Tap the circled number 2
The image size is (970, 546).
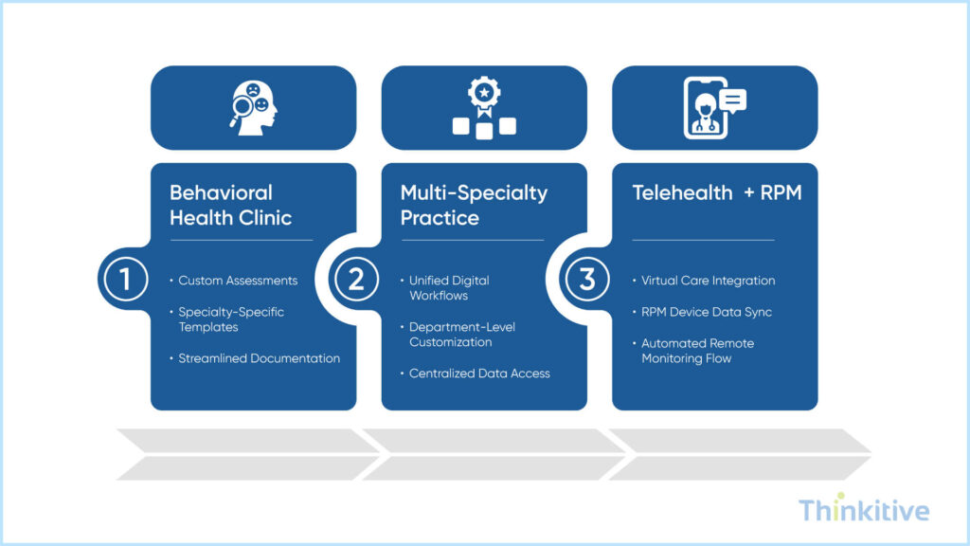(356, 280)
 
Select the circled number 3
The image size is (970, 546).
(587, 280)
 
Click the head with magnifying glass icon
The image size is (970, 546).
(253, 108)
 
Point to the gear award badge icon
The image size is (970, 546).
(484, 108)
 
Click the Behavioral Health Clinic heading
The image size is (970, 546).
(230, 205)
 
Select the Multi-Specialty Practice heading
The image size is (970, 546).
(474, 205)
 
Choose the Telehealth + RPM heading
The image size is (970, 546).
(716, 192)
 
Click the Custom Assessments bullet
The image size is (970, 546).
(238, 281)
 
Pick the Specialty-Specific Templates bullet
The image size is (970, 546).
(231, 319)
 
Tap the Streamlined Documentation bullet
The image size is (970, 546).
(259, 358)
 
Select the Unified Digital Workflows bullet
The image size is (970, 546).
(449, 288)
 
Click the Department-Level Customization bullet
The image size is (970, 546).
(463, 335)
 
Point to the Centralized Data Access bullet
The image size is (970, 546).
(479, 373)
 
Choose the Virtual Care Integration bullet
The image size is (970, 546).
(708, 281)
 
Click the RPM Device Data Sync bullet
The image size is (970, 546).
(706, 312)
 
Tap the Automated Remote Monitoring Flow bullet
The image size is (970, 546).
(697, 351)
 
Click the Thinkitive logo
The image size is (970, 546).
(863, 511)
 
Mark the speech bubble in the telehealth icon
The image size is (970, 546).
(732, 99)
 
